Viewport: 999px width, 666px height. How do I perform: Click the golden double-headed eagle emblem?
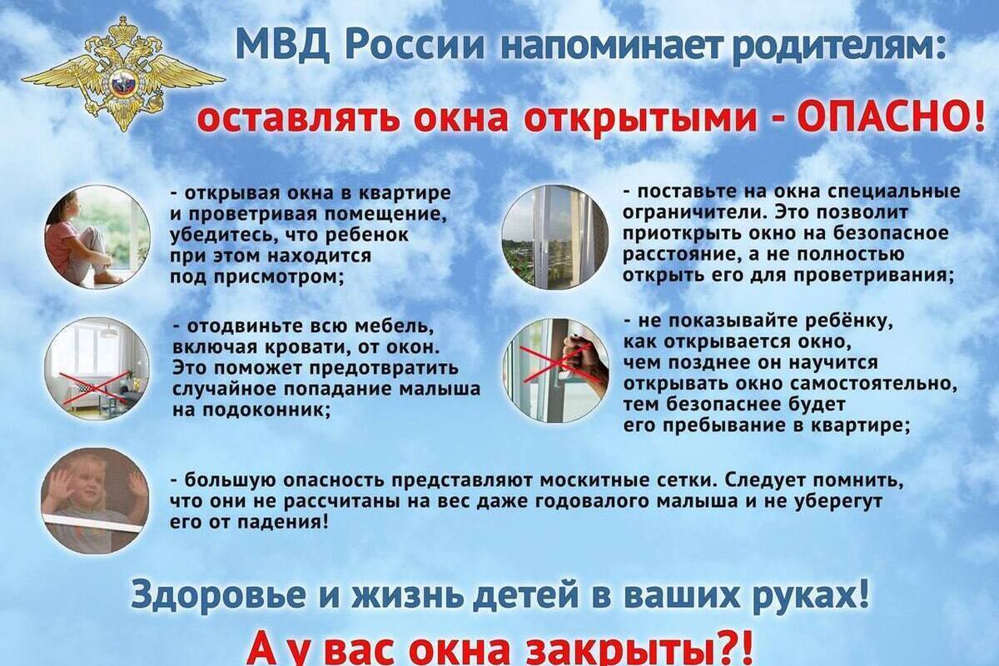(x=123, y=73)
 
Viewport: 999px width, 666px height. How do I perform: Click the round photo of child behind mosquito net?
(x=96, y=500)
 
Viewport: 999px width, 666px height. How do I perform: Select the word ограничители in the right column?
(x=697, y=213)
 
